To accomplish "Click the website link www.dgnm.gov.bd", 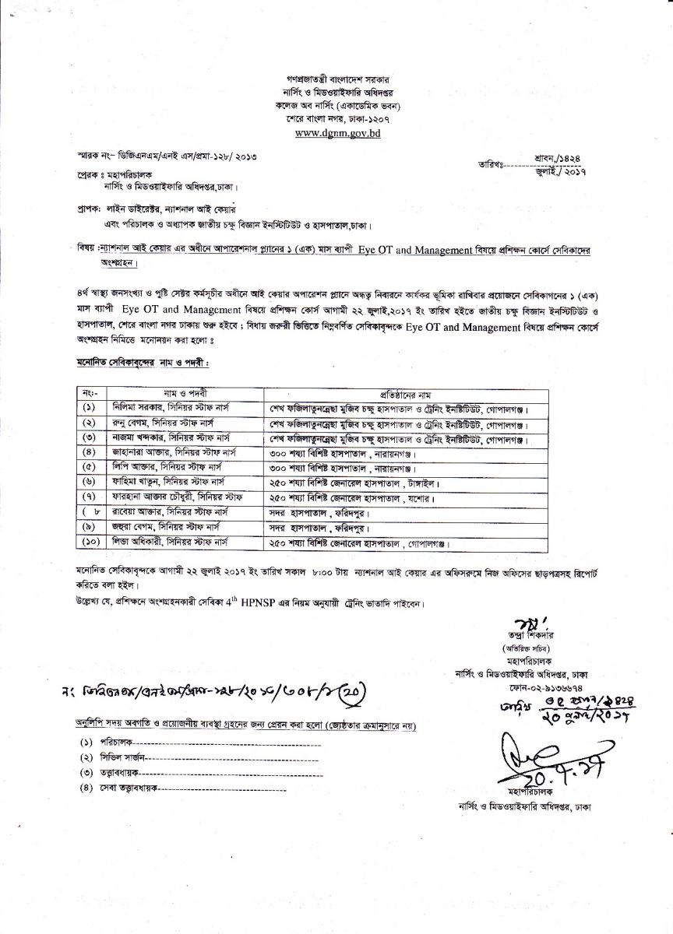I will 336,133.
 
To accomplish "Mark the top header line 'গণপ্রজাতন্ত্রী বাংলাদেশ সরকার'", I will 336,80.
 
